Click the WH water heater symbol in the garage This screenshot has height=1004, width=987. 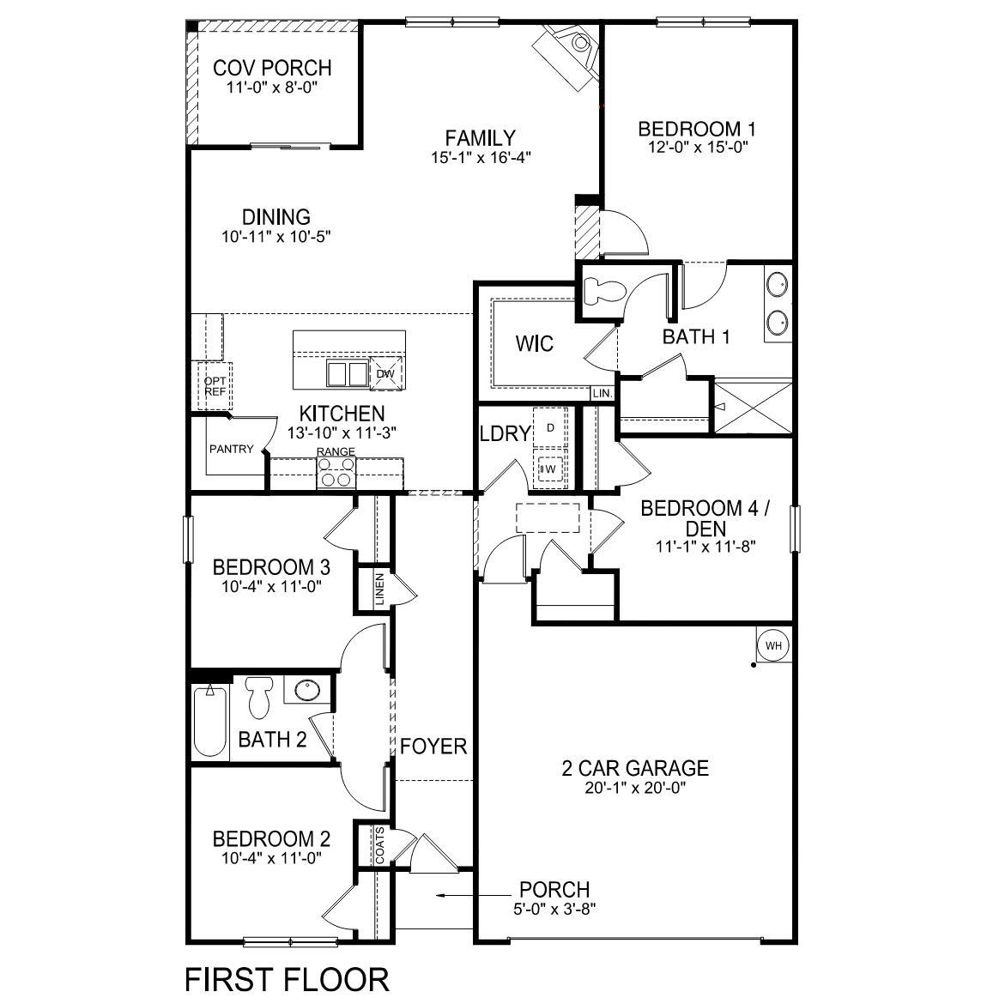[x=773, y=645]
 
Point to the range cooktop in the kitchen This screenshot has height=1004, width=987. [x=336, y=473]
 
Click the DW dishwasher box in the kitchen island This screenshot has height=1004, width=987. [x=385, y=373]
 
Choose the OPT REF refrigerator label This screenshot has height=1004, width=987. [x=215, y=385]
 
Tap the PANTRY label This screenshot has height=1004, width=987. [x=231, y=448]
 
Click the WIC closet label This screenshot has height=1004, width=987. [x=534, y=344]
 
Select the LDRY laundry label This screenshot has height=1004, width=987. [x=505, y=433]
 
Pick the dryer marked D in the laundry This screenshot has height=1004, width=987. [x=550, y=426]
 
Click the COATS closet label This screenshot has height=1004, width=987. [x=380, y=846]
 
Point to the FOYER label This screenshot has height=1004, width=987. [x=433, y=746]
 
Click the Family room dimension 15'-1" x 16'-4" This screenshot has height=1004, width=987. [x=480, y=158]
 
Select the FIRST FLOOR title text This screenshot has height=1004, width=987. [x=287, y=978]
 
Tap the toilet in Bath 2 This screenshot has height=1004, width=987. [x=258, y=696]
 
